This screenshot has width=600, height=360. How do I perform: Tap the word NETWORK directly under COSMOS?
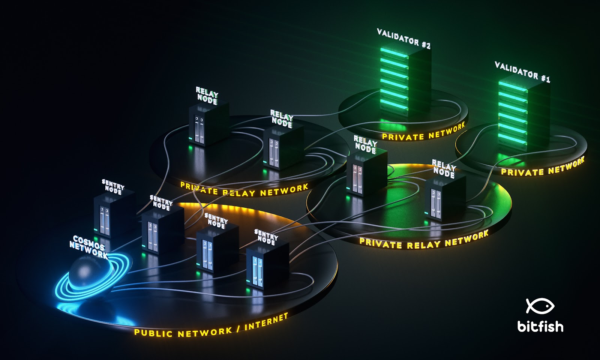point(89,250)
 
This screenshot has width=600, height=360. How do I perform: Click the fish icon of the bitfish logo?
point(540,306)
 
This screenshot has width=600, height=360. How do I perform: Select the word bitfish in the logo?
point(540,326)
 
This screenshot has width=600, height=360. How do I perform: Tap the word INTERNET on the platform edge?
point(266,321)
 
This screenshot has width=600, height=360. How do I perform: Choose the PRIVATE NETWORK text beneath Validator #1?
point(542,167)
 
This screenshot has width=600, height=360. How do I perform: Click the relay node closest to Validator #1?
point(445,197)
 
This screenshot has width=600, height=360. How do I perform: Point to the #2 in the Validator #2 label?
point(426,45)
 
